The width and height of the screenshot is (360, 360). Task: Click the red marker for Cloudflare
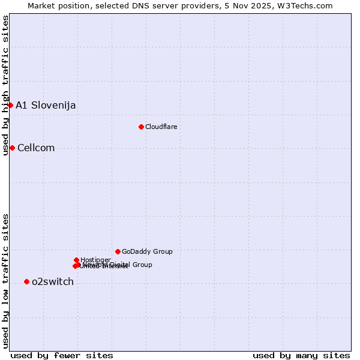pyautogui.click(x=141, y=127)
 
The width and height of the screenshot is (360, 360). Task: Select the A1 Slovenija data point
pyautogui.click(x=10, y=105)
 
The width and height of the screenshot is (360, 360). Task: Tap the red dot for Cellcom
pyautogui.click(x=12, y=148)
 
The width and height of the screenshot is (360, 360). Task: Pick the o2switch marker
pyautogui.click(x=26, y=281)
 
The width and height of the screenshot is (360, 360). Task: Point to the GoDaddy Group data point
pyautogui.click(x=118, y=251)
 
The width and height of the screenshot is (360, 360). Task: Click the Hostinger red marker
pyautogui.click(x=76, y=260)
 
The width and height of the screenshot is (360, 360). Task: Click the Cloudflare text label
pyautogui.click(x=161, y=127)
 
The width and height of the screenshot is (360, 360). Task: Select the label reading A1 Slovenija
pyautogui.click(x=46, y=106)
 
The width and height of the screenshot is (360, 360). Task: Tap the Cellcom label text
pyautogui.click(x=36, y=148)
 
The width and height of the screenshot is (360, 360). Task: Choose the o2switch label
pyautogui.click(x=53, y=282)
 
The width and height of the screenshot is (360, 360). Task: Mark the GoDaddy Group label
pyautogui.click(x=147, y=251)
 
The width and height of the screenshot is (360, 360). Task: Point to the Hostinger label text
pyautogui.click(x=95, y=260)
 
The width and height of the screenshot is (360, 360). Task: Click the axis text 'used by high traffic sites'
pyautogui.click(x=6, y=85)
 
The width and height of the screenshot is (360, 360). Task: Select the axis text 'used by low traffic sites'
pyautogui.click(x=6, y=280)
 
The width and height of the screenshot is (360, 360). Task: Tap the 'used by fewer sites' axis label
pyautogui.click(x=62, y=356)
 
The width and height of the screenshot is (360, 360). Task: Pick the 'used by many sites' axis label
pyautogui.click(x=301, y=356)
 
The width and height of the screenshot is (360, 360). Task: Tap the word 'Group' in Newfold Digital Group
pyautogui.click(x=142, y=265)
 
